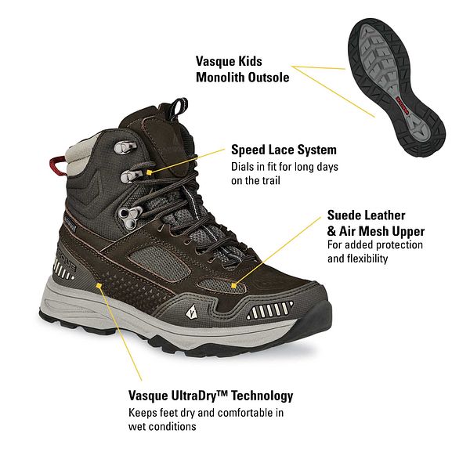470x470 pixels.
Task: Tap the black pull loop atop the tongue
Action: point(178,109)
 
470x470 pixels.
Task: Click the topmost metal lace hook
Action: point(124,146)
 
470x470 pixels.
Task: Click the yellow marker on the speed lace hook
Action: point(149,172)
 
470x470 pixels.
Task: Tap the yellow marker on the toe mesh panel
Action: point(233,286)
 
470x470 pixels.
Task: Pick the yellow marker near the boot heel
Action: point(99,286)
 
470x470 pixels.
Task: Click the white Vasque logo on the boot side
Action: point(191,313)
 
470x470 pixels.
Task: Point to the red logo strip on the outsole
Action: point(403,106)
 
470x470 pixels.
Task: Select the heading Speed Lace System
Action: point(284,150)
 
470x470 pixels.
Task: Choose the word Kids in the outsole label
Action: point(251,61)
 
